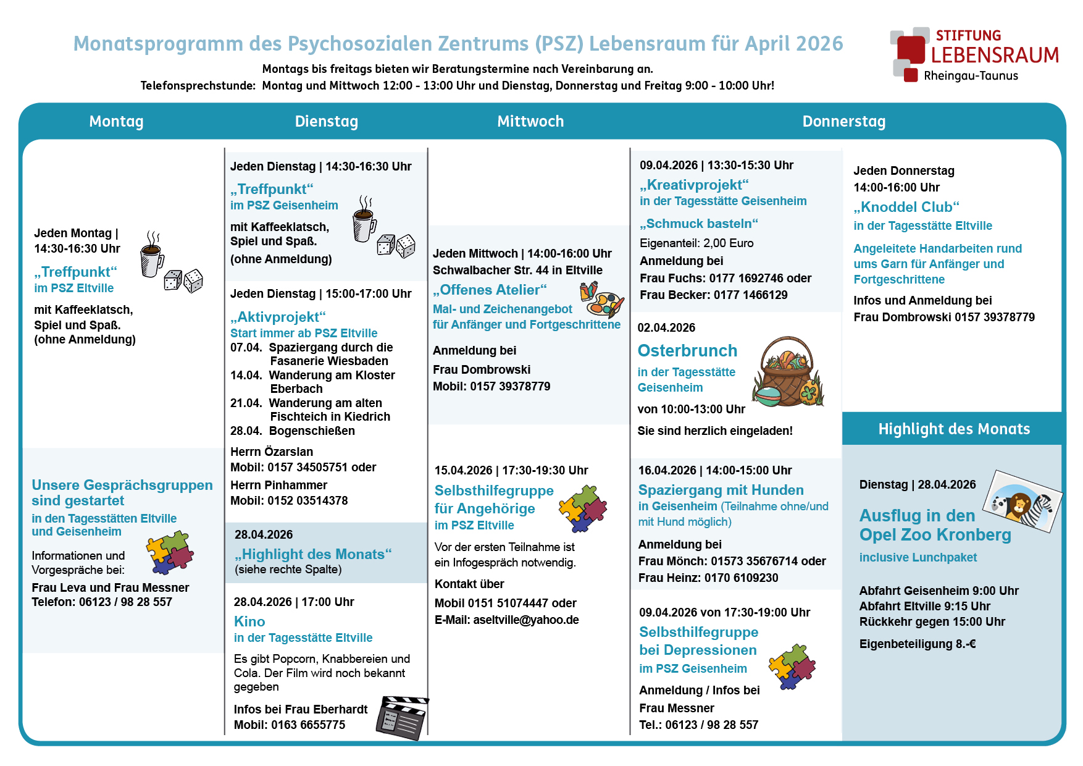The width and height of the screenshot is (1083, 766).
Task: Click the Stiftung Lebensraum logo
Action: click(974, 54)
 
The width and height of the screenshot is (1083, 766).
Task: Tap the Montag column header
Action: click(116, 121)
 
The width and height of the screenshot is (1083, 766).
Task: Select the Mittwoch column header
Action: click(530, 121)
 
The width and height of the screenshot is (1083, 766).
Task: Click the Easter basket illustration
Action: click(788, 372)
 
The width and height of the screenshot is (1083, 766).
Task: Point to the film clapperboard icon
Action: click(402, 717)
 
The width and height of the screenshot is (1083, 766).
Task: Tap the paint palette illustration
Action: click(601, 299)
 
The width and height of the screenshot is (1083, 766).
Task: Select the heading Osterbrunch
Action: click(687, 350)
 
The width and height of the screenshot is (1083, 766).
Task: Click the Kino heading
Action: click(249, 621)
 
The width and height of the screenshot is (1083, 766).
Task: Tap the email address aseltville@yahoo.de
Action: click(526, 620)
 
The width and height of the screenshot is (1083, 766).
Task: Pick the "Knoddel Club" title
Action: click(906, 207)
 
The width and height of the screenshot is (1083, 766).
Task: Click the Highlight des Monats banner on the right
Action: click(953, 429)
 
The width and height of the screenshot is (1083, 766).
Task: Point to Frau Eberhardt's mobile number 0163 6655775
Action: click(308, 725)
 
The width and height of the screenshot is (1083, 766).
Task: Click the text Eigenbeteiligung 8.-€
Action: click(918, 644)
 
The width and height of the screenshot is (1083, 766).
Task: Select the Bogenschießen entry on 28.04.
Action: click(311, 431)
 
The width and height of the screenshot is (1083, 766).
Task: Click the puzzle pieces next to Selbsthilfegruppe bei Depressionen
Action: click(792, 667)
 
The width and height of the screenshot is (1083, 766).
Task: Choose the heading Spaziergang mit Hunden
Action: click(721, 490)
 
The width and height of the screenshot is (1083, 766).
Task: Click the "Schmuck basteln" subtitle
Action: click(699, 224)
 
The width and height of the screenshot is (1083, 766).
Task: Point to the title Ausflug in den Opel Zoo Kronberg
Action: click(935, 525)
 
